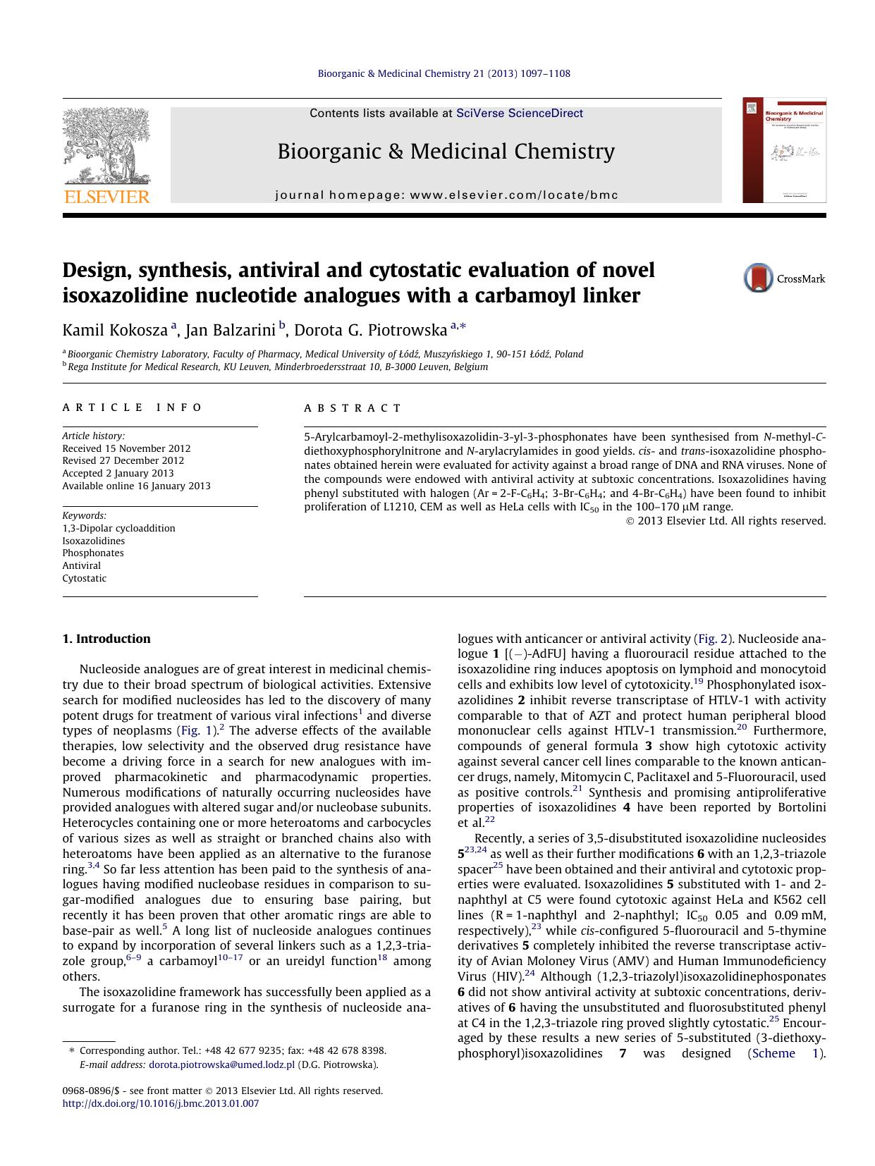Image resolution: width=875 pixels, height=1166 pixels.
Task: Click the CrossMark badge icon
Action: point(759,278)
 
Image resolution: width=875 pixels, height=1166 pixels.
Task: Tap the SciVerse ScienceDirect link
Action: point(520,113)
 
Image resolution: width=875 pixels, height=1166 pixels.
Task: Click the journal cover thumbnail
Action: point(784,151)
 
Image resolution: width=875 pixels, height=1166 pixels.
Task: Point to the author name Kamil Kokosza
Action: point(115,330)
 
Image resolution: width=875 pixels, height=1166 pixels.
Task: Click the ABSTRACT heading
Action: point(353,408)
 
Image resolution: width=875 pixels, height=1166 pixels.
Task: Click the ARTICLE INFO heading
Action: point(132,407)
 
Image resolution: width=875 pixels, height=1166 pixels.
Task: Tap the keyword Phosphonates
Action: point(93,553)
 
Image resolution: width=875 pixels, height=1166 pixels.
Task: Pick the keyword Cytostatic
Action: point(85,579)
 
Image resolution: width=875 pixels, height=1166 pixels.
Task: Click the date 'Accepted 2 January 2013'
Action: point(118,474)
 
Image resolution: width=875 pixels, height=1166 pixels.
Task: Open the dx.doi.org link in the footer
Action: point(161,1104)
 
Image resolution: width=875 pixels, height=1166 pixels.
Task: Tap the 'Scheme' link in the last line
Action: point(773,1053)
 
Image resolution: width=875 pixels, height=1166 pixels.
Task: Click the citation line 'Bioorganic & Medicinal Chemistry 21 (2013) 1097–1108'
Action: point(444,73)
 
